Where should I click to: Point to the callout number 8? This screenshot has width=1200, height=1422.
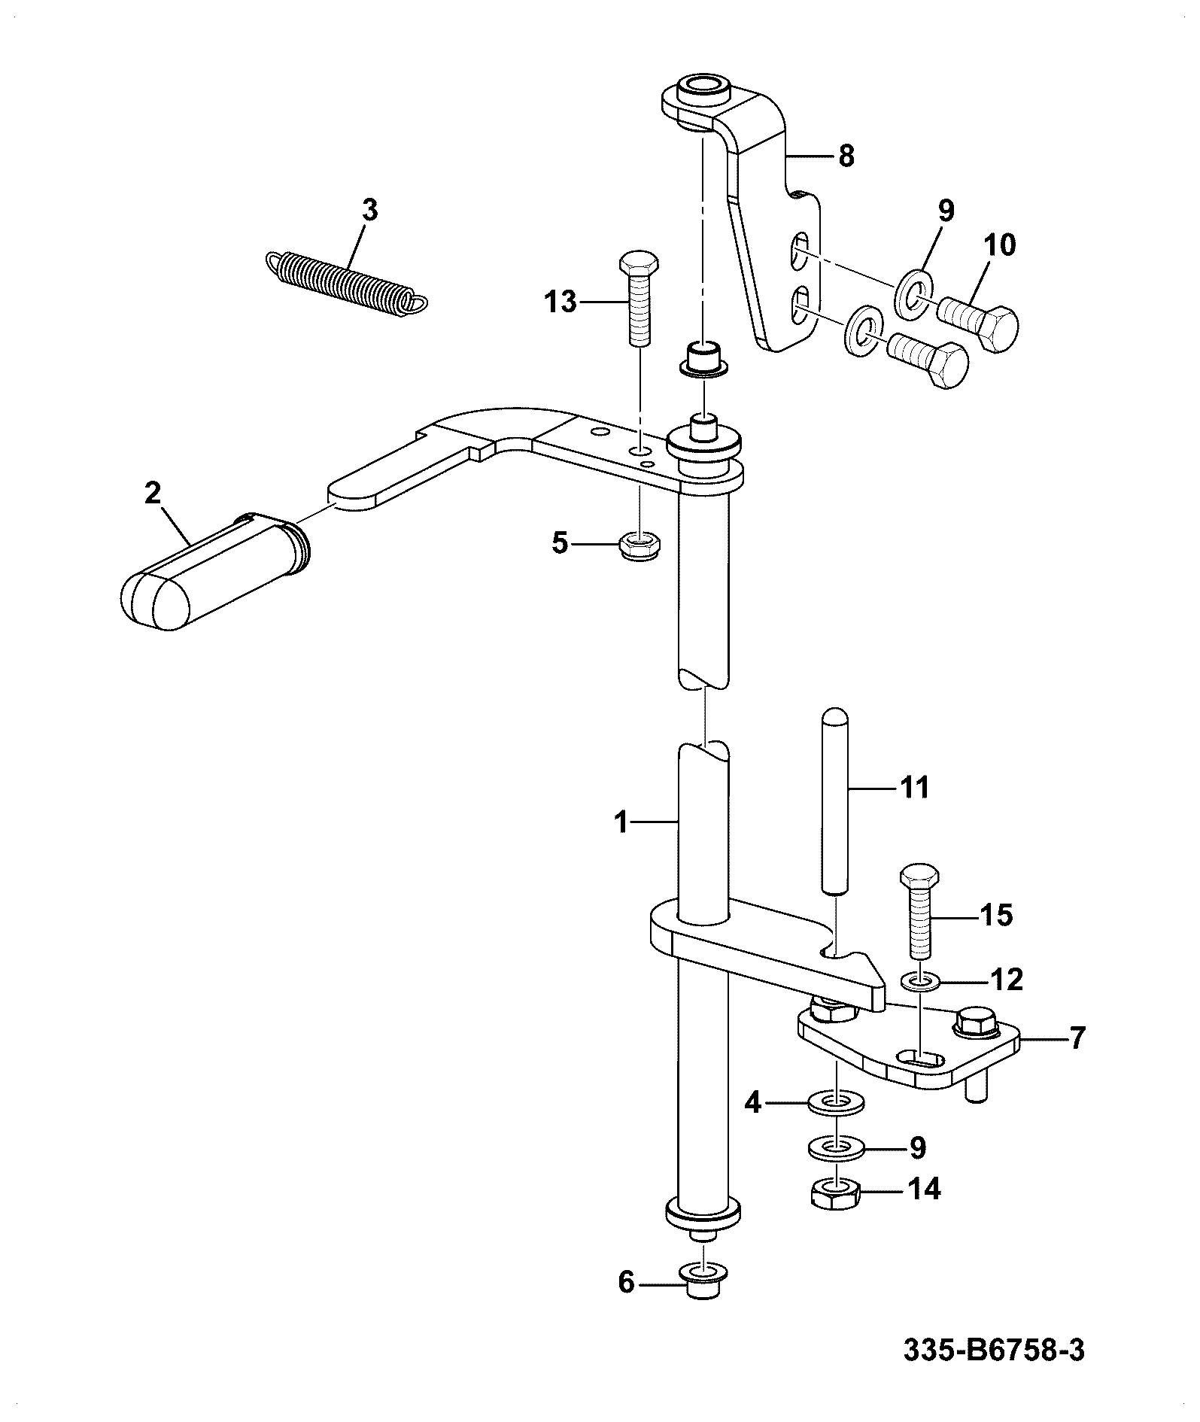(x=846, y=156)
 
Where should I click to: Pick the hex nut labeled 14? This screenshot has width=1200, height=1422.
(x=836, y=1193)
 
